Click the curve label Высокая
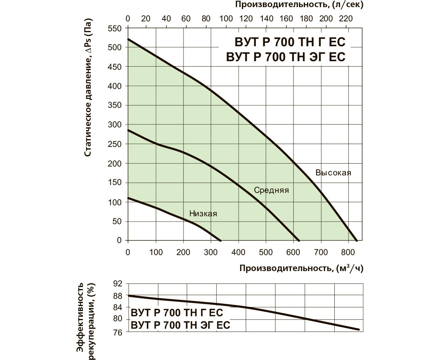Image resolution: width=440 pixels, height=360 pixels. (333, 173)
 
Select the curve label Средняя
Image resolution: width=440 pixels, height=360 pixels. (271, 190)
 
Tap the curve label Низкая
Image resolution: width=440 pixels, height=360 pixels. (203, 214)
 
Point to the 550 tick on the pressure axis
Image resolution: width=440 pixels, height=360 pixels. (115, 28)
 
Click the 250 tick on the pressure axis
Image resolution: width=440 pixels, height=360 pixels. (115, 144)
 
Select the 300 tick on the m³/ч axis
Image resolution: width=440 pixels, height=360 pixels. (211, 253)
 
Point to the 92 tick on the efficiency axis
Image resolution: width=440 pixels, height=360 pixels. (118, 284)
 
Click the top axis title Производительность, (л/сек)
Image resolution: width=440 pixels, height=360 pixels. (299, 5)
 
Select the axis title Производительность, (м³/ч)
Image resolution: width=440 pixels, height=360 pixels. (301, 269)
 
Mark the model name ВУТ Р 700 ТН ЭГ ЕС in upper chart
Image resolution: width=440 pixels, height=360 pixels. (286, 57)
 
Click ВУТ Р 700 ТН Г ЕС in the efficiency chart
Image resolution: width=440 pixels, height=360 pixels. (177, 313)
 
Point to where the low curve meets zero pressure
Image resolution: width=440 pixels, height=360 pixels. (221, 240)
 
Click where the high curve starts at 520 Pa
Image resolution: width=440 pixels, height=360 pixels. (128, 39)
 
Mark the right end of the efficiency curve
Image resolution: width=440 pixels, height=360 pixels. (359, 330)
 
